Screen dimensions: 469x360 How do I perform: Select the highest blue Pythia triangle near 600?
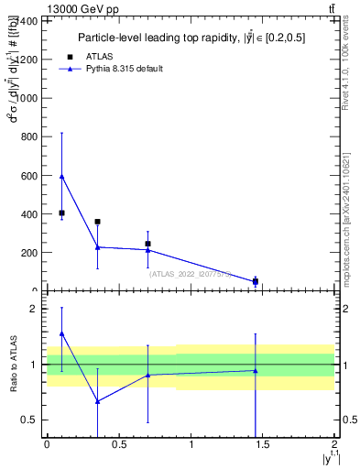click(61, 176)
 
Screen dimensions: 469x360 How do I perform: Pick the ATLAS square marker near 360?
click(97, 222)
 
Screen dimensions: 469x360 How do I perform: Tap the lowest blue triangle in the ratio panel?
click(97, 401)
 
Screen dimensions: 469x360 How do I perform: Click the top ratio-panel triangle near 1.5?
click(61, 333)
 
